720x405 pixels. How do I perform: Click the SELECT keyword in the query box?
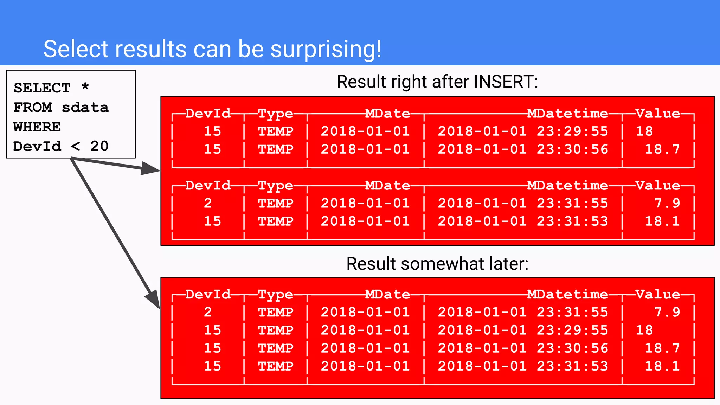click(x=42, y=88)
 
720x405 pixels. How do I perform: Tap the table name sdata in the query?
click(x=85, y=108)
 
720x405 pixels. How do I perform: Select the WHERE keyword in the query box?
click(x=37, y=127)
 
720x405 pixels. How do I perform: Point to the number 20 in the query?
click(x=99, y=146)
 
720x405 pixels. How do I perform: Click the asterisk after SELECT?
click(x=85, y=86)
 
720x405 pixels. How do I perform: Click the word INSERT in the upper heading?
click(x=506, y=82)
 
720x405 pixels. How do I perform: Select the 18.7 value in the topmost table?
click(x=662, y=149)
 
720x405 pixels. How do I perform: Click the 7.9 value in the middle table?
click(x=667, y=203)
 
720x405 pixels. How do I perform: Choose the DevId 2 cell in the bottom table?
click(x=208, y=312)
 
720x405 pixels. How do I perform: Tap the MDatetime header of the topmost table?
click(x=567, y=114)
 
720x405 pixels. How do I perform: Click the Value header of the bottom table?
click(x=658, y=294)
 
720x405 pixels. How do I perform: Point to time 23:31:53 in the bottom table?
click(x=572, y=366)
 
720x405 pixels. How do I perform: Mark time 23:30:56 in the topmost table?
click(x=572, y=149)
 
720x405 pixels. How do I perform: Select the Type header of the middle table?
click(x=275, y=186)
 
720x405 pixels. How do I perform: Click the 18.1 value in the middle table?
click(x=662, y=221)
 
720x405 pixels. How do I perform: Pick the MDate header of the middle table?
click(x=387, y=186)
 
